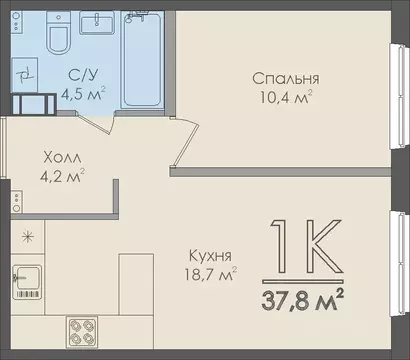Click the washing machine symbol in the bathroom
[25, 73]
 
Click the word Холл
[63, 157]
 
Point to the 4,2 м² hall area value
[63, 176]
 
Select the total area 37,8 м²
[304, 299]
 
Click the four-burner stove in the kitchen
[87, 330]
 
